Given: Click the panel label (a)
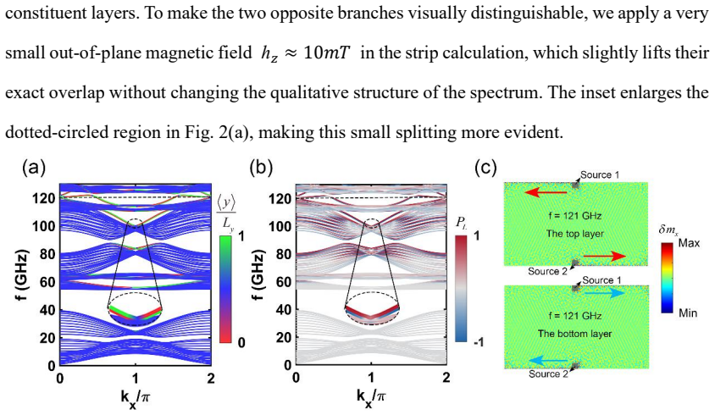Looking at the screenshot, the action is [x=34, y=168].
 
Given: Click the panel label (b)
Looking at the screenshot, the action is [x=261, y=168].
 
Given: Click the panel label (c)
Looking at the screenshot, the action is [x=486, y=168].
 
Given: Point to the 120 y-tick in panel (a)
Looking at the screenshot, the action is [x=44, y=198].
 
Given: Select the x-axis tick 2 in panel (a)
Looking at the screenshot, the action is [x=211, y=379].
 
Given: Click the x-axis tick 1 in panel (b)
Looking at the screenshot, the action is [x=371, y=378].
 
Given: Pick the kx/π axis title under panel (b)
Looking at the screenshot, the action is [x=371, y=396].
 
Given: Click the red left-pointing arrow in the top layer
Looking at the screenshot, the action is [x=546, y=193].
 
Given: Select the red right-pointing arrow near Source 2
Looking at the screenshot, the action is [x=605, y=257].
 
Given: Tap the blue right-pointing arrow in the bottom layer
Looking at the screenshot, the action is [x=605, y=294].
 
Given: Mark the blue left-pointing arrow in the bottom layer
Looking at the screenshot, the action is [x=549, y=362].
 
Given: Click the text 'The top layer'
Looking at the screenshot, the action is [x=575, y=234].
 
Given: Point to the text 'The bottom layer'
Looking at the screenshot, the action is [x=574, y=334].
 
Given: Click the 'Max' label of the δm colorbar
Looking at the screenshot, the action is [x=689, y=243].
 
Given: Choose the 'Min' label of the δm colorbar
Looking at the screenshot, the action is [x=688, y=313].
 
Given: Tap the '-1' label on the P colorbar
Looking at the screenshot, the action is [x=478, y=342].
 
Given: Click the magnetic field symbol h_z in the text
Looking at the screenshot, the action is [x=269, y=54].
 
